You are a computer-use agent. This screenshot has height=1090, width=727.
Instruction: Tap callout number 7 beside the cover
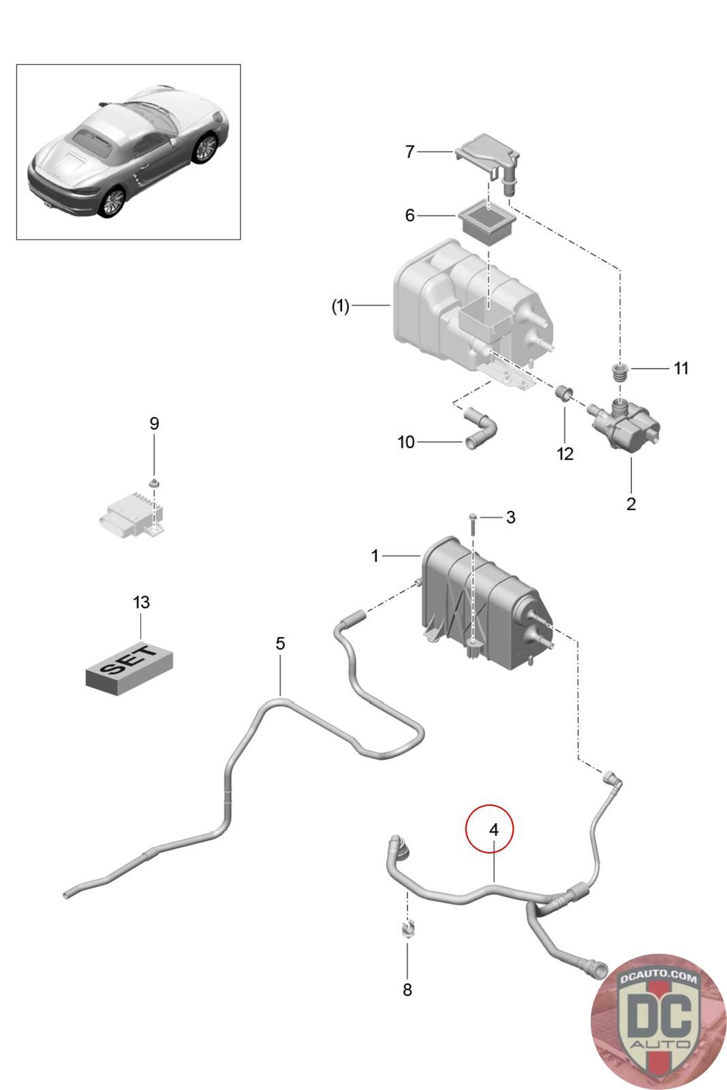pos(409,151)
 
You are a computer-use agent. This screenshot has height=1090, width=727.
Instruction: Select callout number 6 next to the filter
pos(409,215)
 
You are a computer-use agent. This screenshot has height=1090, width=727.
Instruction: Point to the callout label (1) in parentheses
pos(341,307)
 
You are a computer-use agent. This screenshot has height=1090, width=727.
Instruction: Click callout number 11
pos(681,369)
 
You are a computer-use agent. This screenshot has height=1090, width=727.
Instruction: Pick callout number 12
pos(566,453)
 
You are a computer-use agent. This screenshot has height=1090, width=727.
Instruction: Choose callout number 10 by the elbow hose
pos(406,442)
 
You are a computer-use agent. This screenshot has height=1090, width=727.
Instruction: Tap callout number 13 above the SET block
pos(141,602)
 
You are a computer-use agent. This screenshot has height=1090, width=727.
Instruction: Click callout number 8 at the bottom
pos(407,989)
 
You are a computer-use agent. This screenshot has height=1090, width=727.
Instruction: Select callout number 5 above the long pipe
pos(280,643)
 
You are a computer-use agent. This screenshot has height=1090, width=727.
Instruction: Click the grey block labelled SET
pos(129,667)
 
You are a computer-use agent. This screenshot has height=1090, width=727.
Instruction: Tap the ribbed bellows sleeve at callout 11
pos(619,373)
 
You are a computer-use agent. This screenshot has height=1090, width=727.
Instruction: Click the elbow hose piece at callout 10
pos(479,429)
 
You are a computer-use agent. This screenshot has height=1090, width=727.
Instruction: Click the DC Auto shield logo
pos(658,1020)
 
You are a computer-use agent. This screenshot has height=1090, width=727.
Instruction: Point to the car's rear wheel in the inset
pos(112,202)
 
